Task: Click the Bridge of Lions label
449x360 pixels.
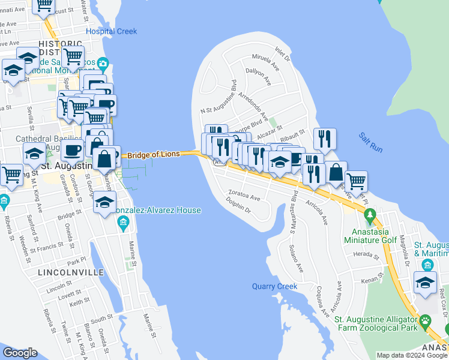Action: point(153,154)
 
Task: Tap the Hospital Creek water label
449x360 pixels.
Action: point(111,31)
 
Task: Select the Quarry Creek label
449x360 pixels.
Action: point(274,286)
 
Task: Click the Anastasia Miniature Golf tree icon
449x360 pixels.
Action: point(370,214)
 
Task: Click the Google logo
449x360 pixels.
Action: point(20,353)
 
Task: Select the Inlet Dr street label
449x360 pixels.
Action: point(282,54)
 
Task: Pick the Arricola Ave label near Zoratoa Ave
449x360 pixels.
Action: point(316,213)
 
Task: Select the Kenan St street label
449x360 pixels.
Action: point(372,280)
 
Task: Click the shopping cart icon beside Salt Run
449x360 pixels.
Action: point(357,181)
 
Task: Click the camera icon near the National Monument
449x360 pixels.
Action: point(103,64)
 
